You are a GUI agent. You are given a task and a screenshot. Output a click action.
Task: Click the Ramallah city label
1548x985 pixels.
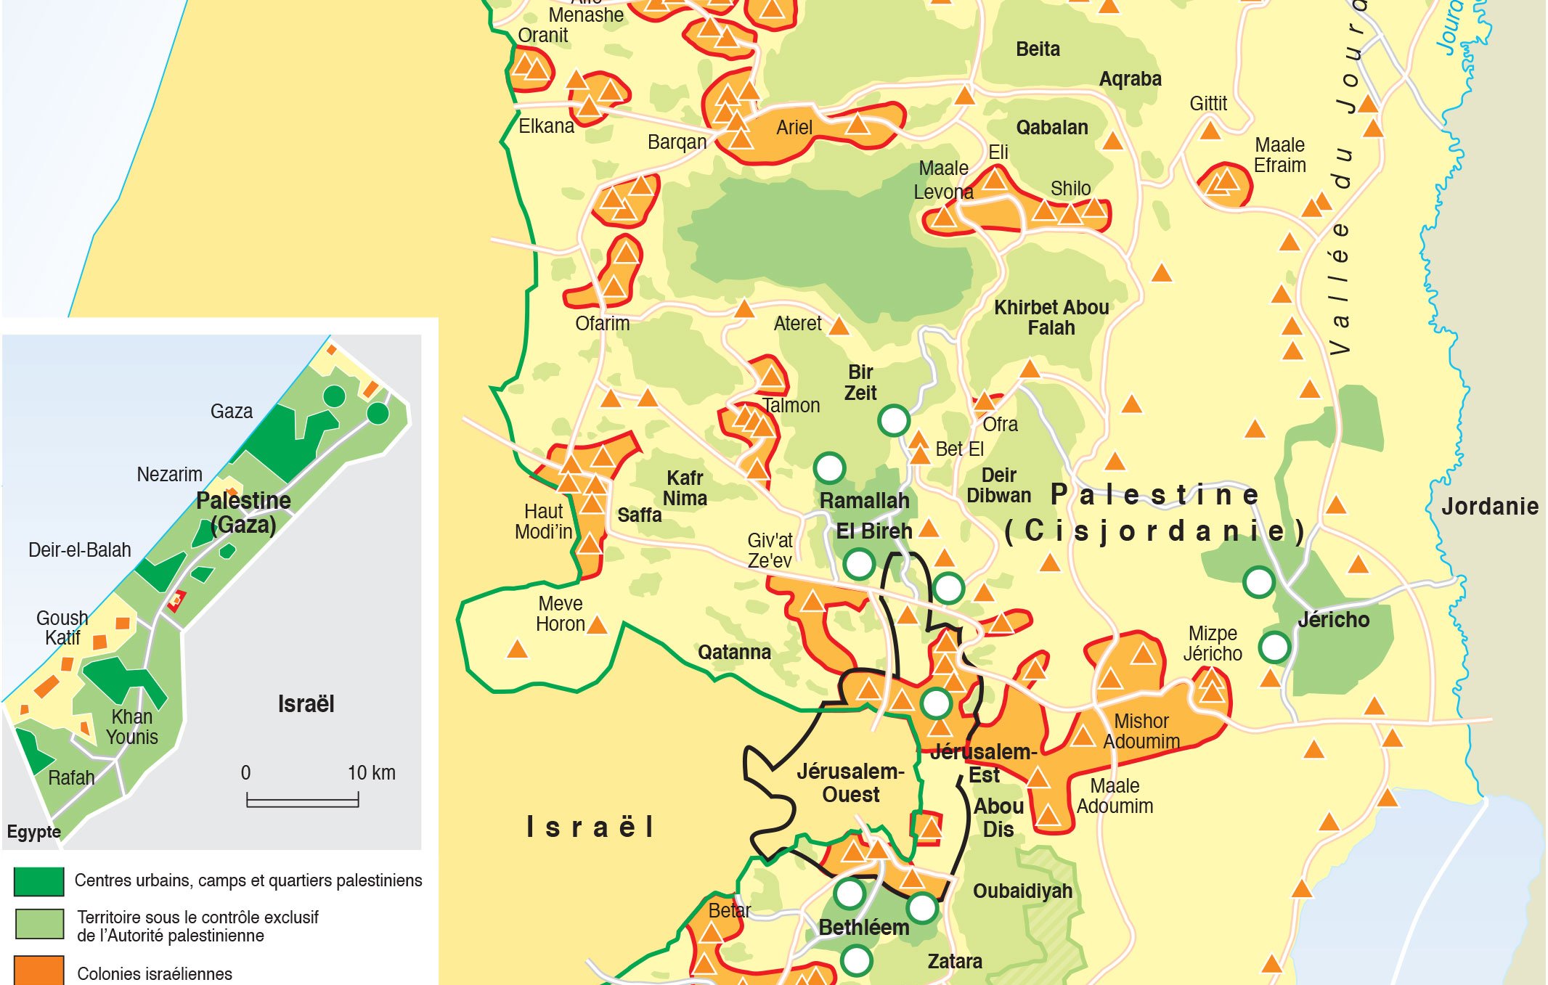click(x=864, y=501)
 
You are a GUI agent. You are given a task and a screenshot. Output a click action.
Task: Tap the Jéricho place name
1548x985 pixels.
click(x=1333, y=620)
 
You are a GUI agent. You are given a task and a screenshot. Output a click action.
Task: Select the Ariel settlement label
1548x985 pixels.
click(x=794, y=128)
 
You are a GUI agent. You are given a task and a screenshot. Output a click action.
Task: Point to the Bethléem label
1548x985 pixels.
click(x=863, y=928)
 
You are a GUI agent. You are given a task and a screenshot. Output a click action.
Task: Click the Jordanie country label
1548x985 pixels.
click(x=1489, y=507)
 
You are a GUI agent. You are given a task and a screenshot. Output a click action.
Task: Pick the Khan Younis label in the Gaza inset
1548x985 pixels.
click(x=131, y=727)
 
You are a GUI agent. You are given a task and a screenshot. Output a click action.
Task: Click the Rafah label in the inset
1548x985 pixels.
click(x=71, y=778)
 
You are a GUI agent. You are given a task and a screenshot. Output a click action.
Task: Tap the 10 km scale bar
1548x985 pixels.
click(x=302, y=801)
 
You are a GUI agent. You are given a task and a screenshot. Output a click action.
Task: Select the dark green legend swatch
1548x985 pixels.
click(x=39, y=881)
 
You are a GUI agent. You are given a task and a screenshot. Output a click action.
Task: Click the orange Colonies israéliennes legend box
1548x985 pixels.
click(x=39, y=971)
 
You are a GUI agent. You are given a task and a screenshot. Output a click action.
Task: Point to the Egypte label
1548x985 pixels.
click(x=33, y=832)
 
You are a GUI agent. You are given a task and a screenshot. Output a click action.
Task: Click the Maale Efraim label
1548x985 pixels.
click(x=1279, y=155)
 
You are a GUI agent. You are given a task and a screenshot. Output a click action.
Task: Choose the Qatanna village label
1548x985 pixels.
click(x=734, y=652)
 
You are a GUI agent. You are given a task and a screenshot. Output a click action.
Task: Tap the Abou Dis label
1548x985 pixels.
click(x=998, y=818)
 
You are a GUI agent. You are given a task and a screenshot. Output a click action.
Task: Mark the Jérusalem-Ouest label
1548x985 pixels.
click(x=850, y=783)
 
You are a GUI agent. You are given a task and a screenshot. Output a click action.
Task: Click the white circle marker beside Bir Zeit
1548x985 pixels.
click(x=894, y=420)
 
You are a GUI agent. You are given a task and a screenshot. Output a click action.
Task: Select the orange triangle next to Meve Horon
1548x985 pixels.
click(x=597, y=624)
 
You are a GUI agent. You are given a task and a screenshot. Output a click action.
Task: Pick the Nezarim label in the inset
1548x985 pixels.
click(x=169, y=475)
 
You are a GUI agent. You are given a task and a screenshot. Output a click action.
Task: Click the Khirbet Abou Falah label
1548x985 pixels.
click(x=1051, y=318)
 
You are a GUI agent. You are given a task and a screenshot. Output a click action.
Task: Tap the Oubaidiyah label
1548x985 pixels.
click(x=1022, y=891)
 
